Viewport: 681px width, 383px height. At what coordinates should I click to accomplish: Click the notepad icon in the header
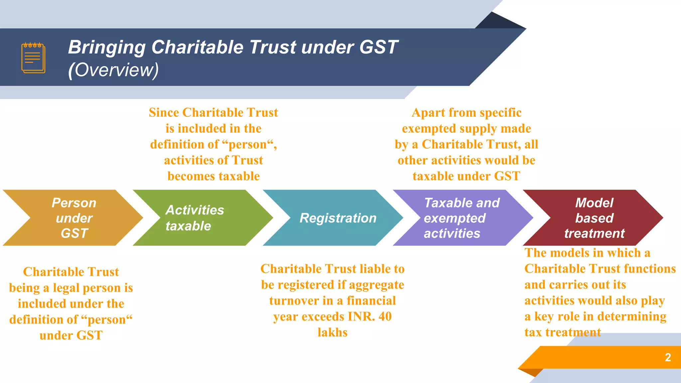tap(33, 58)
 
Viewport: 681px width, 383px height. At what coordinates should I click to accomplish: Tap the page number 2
tap(668, 357)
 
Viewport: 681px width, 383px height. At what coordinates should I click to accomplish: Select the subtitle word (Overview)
tap(113, 70)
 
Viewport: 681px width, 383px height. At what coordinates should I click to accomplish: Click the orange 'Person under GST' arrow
tap(74, 218)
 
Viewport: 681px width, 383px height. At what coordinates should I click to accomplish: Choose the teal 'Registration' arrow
tap(338, 218)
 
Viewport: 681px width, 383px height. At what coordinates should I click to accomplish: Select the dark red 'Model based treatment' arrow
tap(594, 218)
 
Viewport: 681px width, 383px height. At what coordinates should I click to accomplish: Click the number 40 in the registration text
tap(385, 317)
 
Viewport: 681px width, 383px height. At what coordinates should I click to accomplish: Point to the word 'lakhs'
tap(333, 332)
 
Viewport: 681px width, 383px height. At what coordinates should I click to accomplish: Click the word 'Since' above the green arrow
tap(164, 113)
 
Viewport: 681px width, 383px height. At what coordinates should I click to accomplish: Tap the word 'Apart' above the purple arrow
tap(426, 113)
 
